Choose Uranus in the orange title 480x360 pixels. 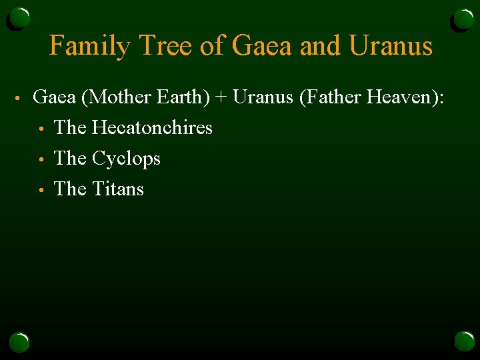[x=391, y=46]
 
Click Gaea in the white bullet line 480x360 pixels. [x=55, y=97]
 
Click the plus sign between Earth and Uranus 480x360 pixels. [x=221, y=98]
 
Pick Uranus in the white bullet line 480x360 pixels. [x=263, y=97]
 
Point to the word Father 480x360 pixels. [x=333, y=97]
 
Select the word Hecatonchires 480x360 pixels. [x=152, y=127]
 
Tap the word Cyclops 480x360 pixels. [x=126, y=159]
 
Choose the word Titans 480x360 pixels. [x=118, y=189]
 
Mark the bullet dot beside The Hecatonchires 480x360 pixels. [x=41, y=129]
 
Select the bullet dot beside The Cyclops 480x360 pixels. [x=41, y=159]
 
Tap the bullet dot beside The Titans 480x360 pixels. [x=41, y=190]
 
